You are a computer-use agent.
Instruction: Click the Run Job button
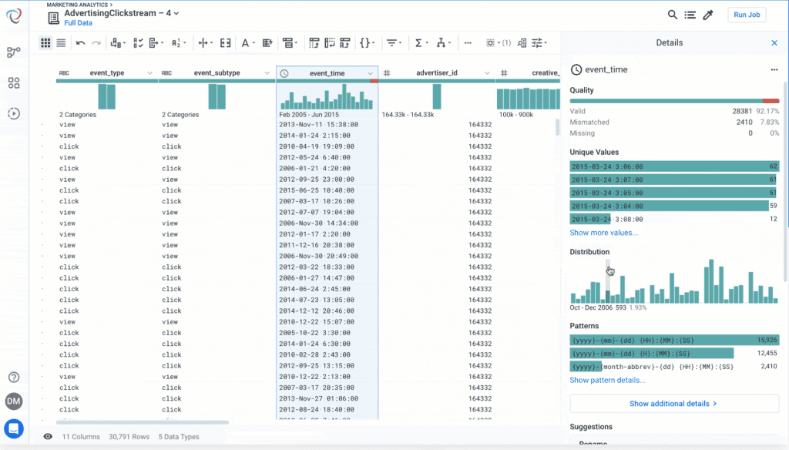click(x=747, y=15)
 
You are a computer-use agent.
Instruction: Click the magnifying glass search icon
click(x=673, y=15)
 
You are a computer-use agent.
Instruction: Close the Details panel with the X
click(x=774, y=43)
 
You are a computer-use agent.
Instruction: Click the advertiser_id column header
click(x=436, y=73)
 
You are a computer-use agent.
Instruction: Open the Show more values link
click(x=603, y=233)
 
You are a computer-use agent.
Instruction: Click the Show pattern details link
click(x=607, y=380)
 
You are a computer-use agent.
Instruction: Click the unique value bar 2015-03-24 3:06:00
click(x=670, y=166)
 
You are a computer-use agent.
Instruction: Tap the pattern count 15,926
click(x=766, y=340)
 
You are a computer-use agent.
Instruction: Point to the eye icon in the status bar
click(x=48, y=437)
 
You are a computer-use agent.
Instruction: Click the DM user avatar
click(x=14, y=401)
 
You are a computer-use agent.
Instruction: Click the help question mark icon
click(x=14, y=377)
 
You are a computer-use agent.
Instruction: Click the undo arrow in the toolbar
click(x=81, y=43)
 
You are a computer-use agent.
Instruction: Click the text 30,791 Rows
click(x=129, y=437)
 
